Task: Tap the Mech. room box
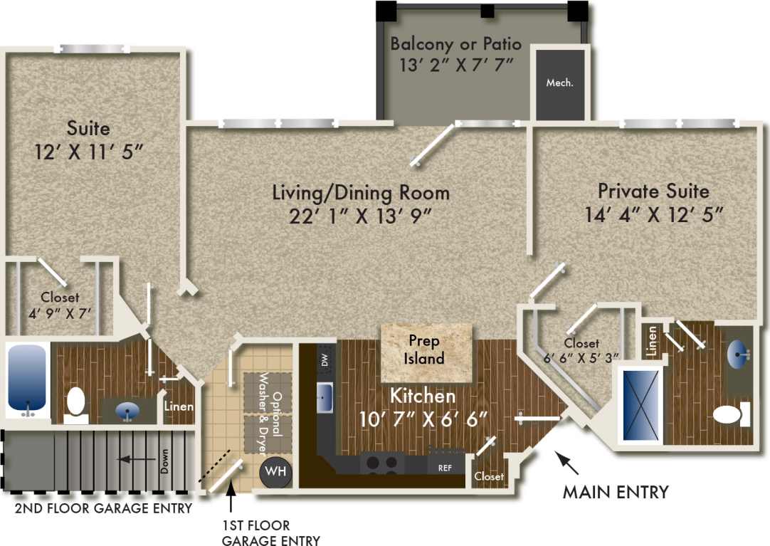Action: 560,83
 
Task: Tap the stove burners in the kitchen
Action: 381,464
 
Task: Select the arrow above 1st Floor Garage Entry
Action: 231,498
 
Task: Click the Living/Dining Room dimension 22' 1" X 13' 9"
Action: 361,216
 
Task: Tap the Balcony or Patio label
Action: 455,44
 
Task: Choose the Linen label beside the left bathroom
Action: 178,406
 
